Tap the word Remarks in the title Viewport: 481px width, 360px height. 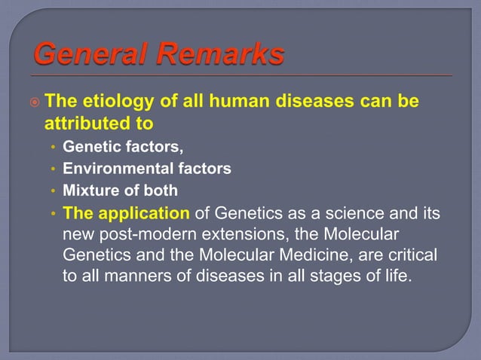(x=221, y=55)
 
